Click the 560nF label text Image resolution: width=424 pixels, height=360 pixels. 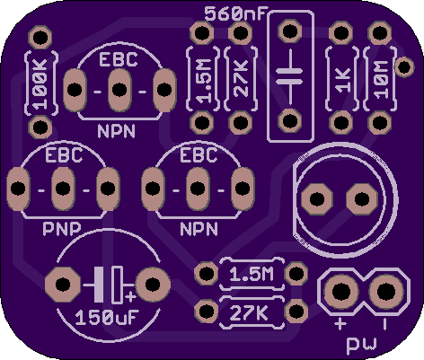coord(235,14)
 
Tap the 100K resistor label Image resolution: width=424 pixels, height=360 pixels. coord(40,84)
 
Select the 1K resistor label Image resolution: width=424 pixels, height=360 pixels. coord(343,80)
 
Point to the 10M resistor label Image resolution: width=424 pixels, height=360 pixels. coord(381,80)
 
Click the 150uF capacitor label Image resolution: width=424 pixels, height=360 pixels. coord(107,317)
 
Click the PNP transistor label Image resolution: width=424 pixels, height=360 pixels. coord(62,229)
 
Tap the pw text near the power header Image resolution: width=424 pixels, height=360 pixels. coord(361,345)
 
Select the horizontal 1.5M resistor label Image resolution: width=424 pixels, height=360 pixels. coord(252,274)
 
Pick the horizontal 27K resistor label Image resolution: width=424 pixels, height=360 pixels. coord(249,312)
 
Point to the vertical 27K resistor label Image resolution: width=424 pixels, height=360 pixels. coord(242,79)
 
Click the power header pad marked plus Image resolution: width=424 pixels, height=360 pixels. coord(340,291)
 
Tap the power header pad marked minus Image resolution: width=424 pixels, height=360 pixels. coord(386,291)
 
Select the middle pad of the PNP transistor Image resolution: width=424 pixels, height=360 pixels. coord(63,189)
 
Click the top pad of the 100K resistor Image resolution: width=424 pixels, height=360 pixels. coord(40,38)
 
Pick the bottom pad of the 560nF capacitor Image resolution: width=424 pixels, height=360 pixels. coord(290,120)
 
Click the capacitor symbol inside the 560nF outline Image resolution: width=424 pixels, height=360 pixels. coord(289,75)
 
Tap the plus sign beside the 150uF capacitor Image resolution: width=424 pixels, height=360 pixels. coord(130,296)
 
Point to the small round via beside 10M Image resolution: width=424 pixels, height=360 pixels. coord(404,66)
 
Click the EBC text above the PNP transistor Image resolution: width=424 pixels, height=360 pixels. coord(64,155)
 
